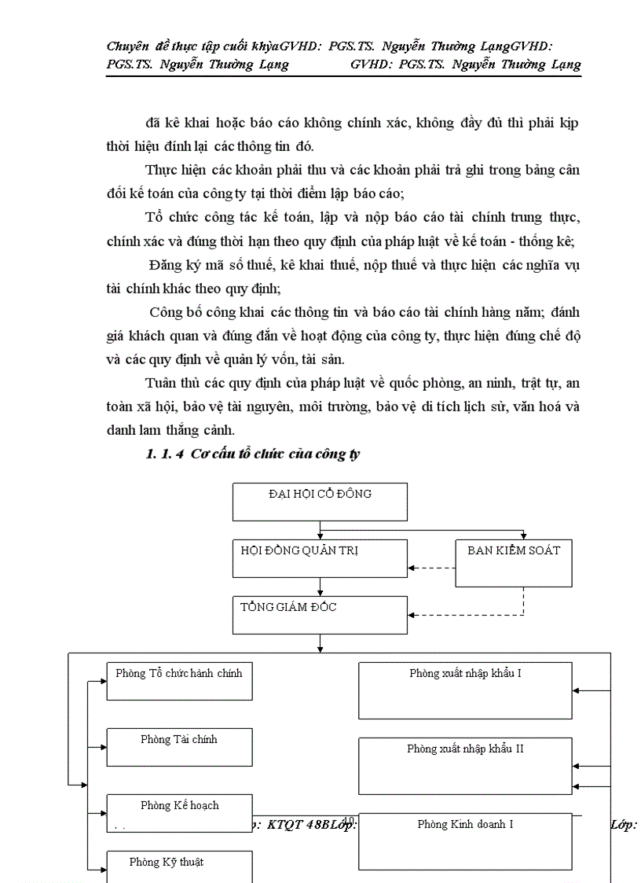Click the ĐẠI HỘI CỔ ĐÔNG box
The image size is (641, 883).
coord(320,502)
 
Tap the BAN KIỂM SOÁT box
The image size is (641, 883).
coord(513,563)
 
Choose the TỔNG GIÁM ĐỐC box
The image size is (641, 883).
coord(320,615)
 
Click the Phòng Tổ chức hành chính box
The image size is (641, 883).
coord(179,681)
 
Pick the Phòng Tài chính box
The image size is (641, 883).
coord(179,747)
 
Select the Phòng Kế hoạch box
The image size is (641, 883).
coord(179,813)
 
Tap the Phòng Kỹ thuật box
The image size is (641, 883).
coord(179,866)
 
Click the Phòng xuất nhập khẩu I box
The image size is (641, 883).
coord(465,690)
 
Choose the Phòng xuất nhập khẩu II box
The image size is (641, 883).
coord(465,766)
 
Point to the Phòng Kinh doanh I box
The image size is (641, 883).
coord(465,840)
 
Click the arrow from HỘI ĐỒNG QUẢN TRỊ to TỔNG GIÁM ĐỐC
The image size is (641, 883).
coord(320,587)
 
